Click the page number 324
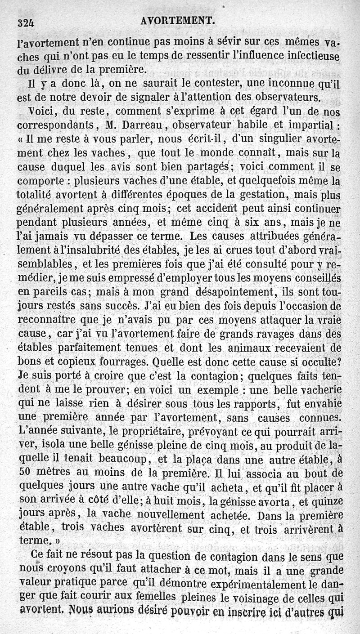pos(27,22)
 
